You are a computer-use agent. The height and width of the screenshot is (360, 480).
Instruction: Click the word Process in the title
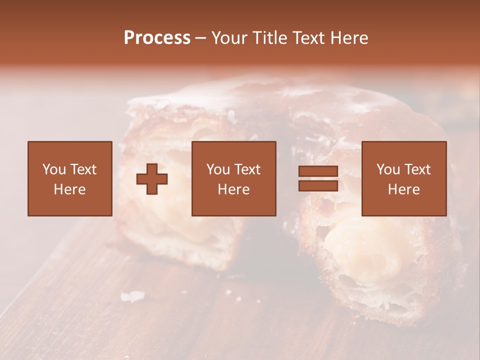(x=157, y=38)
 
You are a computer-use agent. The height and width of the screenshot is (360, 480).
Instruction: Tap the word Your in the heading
(x=229, y=38)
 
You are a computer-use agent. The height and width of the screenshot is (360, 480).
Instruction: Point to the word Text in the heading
(x=308, y=38)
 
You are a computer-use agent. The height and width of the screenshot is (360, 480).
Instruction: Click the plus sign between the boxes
(x=152, y=179)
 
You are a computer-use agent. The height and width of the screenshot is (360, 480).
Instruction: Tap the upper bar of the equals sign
(x=318, y=171)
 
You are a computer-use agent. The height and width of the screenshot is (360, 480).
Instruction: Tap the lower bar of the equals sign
(x=318, y=186)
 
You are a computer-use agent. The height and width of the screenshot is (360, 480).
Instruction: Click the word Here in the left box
(x=69, y=189)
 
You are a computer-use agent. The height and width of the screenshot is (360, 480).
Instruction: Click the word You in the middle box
(x=218, y=169)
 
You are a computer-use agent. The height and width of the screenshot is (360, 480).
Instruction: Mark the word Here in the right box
(x=403, y=189)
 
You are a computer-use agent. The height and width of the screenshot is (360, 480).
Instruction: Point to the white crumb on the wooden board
(x=131, y=297)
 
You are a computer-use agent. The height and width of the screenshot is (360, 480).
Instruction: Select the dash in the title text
(x=201, y=38)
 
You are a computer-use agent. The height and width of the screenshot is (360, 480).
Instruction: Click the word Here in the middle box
(x=233, y=189)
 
